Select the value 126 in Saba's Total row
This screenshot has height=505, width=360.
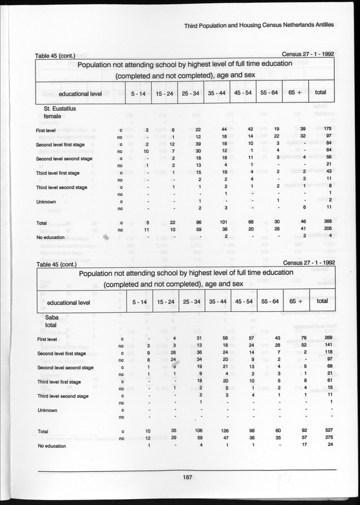225,431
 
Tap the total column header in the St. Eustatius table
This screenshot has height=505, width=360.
321,92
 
